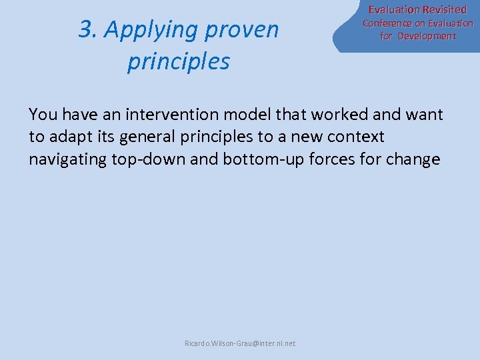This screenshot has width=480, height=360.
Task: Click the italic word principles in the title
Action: [x=179, y=61]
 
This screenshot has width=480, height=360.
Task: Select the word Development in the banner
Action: [x=427, y=36]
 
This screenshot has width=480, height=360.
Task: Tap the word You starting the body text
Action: [x=43, y=115]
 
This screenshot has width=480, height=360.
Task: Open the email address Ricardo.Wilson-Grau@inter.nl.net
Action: [x=240, y=343]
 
